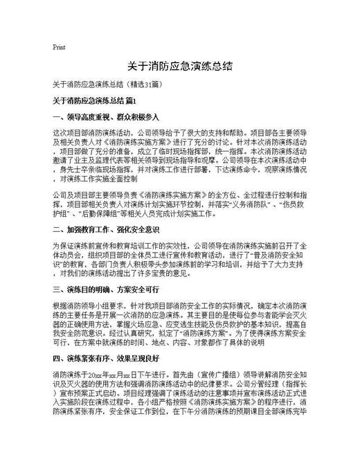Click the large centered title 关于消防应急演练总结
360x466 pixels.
(179, 67)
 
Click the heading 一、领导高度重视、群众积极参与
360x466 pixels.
(106, 116)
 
